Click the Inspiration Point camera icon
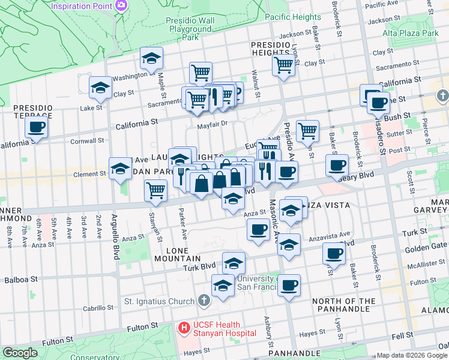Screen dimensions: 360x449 (x=122, y=5)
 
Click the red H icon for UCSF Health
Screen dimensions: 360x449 (x=184, y=328)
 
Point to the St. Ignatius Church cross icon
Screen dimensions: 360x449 (x=204, y=301)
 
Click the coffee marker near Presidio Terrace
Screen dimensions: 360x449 (x=36, y=127)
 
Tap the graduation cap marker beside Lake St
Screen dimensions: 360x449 (x=100, y=88)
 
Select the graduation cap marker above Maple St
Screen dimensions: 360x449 (x=151, y=58)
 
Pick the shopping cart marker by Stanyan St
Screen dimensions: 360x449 (x=156, y=190)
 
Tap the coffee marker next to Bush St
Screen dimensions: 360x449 (x=378, y=103)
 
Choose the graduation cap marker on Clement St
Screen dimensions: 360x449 (x=120, y=169)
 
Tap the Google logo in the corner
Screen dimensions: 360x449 (x=20, y=353)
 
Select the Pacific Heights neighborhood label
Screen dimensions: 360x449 (x=292, y=17)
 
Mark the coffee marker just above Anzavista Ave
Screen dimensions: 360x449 (x=258, y=229)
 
